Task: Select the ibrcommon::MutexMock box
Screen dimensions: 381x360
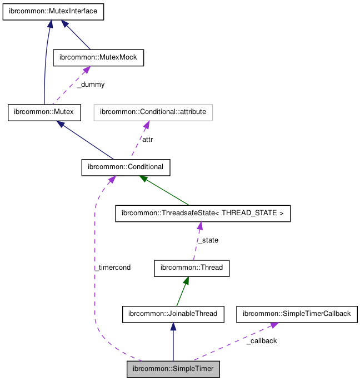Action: pyautogui.click(x=98, y=58)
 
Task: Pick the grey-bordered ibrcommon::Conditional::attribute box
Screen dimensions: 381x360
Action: pyautogui.click(x=153, y=112)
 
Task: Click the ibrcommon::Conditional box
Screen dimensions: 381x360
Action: pyautogui.click(x=126, y=167)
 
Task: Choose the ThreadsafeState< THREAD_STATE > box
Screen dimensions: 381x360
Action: pyautogui.click(x=203, y=214)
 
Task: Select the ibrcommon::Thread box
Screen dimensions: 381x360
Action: pyautogui.click(x=192, y=268)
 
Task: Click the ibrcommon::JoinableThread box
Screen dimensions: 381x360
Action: pyautogui.click(x=173, y=314)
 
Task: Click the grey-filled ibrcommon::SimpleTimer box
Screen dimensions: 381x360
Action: pyautogui.click(x=173, y=369)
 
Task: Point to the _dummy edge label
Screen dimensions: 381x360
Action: pyautogui.click(x=91, y=85)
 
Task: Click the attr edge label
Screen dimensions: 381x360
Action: pyautogui.click(x=147, y=140)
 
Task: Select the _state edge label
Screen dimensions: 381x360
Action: pyautogui.click(x=208, y=240)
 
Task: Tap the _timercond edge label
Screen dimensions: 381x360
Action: pyautogui.click(x=113, y=268)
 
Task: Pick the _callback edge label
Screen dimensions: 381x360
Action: pyautogui.click(x=261, y=341)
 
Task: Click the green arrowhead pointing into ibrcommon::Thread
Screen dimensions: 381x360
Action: pyautogui.click(x=187, y=281)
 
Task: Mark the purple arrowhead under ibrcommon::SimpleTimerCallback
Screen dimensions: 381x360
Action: pyautogui.click(x=274, y=325)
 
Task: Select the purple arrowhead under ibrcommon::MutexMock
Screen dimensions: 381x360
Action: pyautogui.click(x=86, y=70)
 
